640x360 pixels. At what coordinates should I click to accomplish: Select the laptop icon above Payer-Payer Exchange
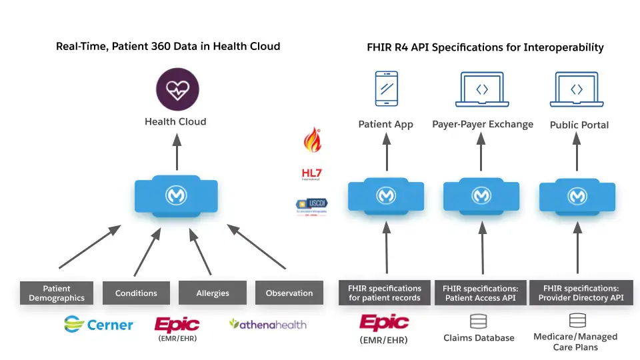(x=482, y=89)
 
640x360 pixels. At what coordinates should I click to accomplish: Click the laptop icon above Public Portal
(x=577, y=89)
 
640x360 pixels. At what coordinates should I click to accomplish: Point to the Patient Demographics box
(x=57, y=293)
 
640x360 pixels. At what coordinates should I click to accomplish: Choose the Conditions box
(x=136, y=293)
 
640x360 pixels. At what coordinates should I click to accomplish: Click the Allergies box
(x=213, y=293)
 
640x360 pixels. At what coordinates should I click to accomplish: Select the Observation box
(x=289, y=293)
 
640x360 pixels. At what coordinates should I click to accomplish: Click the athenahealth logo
(x=268, y=324)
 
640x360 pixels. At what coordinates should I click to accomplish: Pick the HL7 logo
(x=311, y=174)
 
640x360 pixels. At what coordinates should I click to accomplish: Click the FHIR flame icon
(x=311, y=139)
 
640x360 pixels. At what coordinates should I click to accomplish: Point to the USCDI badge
(x=311, y=207)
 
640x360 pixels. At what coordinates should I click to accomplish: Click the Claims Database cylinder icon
(x=479, y=322)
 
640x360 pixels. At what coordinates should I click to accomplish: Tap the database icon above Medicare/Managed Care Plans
(x=577, y=321)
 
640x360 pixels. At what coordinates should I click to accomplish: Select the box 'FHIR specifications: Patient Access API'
(x=481, y=293)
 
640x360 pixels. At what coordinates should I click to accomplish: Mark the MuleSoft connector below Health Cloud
(x=177, y=195)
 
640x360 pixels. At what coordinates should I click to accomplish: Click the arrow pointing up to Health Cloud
(x=177, y=151)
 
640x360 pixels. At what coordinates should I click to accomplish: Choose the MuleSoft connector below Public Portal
(x=577, y=196)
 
